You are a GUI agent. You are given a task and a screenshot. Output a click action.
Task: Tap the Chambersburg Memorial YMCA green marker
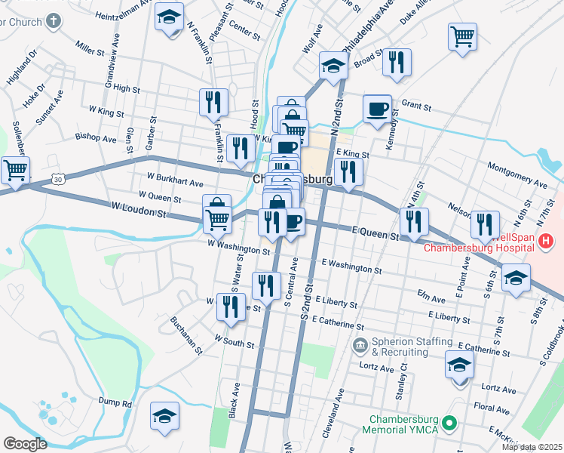pos(450,424)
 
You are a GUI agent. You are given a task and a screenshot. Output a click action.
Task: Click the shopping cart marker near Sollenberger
pos(15,169)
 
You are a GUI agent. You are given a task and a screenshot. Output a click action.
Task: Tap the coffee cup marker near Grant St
pos(377,108)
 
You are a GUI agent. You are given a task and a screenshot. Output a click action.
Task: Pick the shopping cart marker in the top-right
pos(462,35)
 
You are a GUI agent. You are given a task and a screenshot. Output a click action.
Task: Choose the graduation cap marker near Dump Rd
pos(164,415)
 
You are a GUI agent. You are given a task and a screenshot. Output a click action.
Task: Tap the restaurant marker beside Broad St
pos(396,63)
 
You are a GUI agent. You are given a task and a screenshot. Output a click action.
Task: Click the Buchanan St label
pos(186,335)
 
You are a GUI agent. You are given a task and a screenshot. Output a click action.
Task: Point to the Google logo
pos(25,444)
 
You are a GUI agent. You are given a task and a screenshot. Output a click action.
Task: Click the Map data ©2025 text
pos(531,447)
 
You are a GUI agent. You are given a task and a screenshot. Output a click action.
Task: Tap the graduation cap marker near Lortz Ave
pos(459,365)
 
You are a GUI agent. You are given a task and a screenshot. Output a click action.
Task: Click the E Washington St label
pos(351,266)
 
